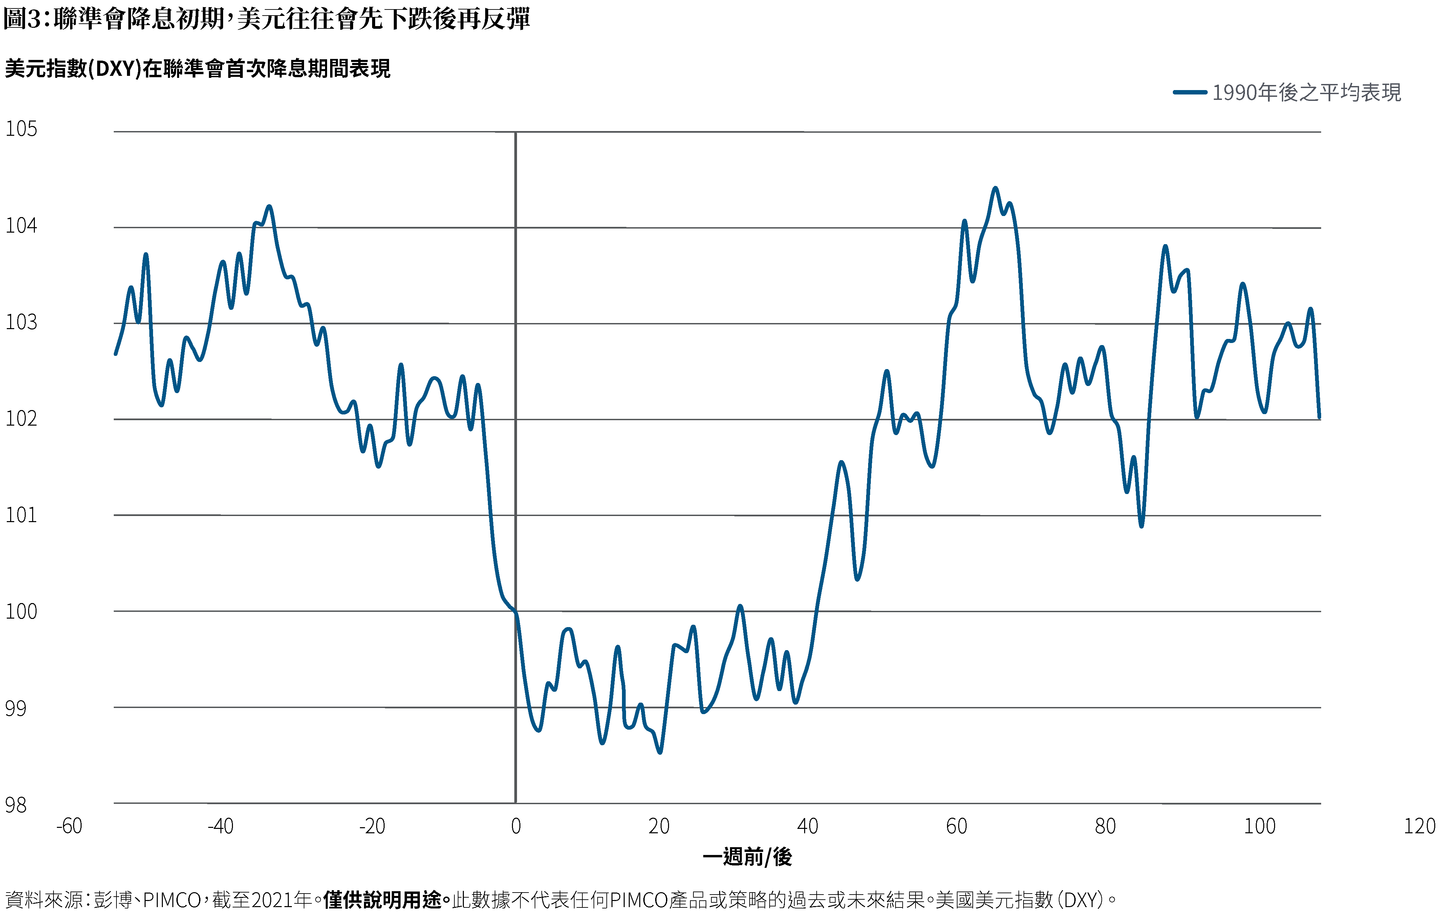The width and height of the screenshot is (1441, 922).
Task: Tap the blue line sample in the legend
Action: [x=1189, y=92]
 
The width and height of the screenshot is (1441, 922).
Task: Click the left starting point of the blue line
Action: [x=115, y=354]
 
